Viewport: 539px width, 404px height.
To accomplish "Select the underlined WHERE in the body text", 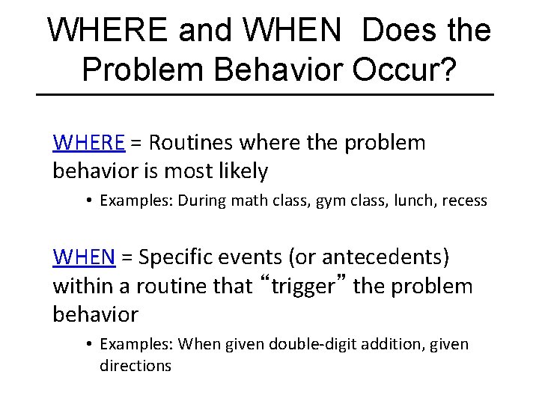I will tap(88, 142).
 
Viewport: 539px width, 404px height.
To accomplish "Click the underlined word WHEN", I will tap(84, 257).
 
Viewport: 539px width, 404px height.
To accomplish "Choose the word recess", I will tap(464, 201).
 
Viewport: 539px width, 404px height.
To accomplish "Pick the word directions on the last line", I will tap(135, 366).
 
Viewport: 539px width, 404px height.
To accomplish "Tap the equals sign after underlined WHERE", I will tap(136, 143).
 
